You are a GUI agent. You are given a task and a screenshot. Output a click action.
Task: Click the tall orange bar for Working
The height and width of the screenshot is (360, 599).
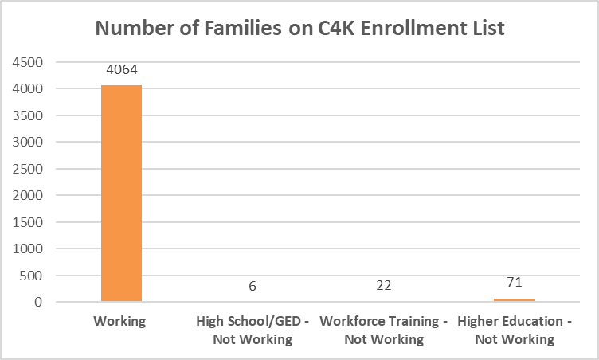(121, 194)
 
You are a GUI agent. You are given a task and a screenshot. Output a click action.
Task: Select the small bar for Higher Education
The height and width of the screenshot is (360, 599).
(515, 300)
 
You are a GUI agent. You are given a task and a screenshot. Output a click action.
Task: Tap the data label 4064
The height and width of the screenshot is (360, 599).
(121, 70)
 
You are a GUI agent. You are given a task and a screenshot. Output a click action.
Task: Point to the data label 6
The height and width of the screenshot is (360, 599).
(253, 286)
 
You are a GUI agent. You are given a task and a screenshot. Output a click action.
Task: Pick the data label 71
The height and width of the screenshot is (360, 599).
(515, 282)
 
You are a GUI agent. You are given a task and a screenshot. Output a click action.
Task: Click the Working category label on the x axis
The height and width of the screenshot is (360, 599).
(121, 323)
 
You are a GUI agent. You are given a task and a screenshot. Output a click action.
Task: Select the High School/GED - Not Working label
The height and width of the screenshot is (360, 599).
(253, 331)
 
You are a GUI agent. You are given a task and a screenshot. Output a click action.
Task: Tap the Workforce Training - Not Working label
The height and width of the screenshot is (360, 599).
(383, 331)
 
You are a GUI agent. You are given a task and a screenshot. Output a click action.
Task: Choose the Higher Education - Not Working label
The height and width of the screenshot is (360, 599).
(515, 331)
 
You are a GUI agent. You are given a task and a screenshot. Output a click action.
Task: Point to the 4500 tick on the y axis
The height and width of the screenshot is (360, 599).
(28, 62)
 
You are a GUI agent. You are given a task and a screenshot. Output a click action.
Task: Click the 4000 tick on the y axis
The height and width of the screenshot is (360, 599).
(28, 89)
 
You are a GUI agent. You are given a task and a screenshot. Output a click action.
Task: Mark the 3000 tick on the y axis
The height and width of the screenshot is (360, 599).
(28, 143)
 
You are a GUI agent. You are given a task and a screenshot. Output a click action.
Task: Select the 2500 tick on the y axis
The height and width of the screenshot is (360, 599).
(28, 169)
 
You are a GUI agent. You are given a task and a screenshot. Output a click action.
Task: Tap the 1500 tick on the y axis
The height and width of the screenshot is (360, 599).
(28, 222)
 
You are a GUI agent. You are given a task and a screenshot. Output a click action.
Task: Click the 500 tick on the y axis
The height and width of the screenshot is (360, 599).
(31, 276)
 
